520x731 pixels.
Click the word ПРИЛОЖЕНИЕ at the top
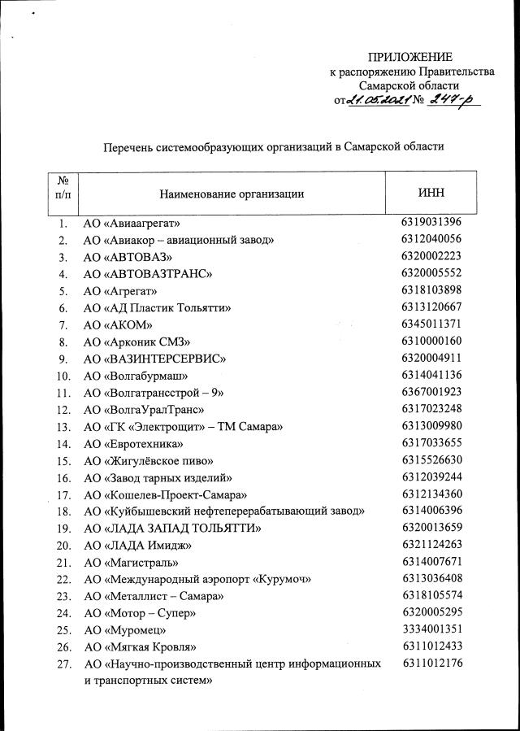[x=409, y=56]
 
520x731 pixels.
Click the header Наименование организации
[x=232, y=194]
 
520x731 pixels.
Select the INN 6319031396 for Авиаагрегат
[x=431, y=222]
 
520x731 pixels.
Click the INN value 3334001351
[x=431, y=629]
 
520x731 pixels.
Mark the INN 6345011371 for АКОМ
[x=431, y=324]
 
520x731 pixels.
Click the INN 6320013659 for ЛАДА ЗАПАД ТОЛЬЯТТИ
[x=431, y=528]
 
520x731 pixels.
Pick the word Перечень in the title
[x=131, y=147]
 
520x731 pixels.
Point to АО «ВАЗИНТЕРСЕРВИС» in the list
[x=154, y=359]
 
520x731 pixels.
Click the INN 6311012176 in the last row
[x=431, y=664]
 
